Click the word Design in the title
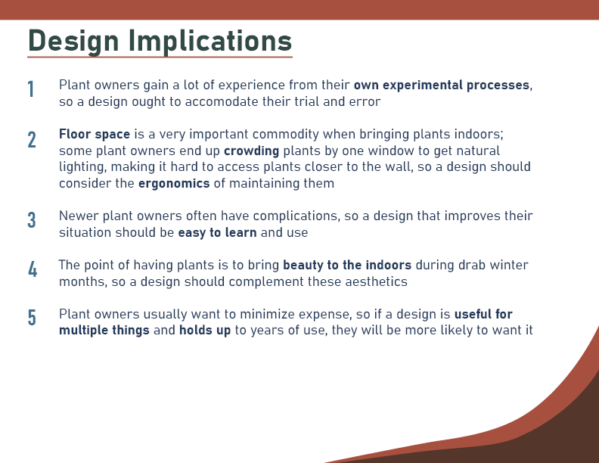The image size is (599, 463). [x=73, y=42]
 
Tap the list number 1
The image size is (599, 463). [x=31, y=89]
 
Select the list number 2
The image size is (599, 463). [x=32, y=140]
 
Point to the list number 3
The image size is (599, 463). [x=32, y=220]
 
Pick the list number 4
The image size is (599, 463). [x=33, y=269]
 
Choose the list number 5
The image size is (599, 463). [x=32, y=318]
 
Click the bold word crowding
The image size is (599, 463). [x=251, y=151]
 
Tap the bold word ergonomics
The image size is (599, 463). [x=174, y=184]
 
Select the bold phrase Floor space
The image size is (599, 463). [x=95, y=134]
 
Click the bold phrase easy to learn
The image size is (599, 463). [x=217, y=233]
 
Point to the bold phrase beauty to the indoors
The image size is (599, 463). [x=347, y=265]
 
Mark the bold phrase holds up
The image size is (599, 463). [x=205, y=331]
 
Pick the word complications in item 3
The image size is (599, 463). [x=296, y=216]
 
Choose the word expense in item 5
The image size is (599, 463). [x=324, y=315]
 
